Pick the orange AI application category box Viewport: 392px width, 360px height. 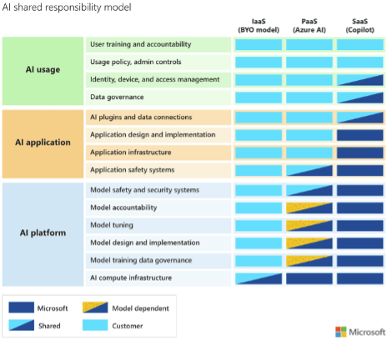point(43,142)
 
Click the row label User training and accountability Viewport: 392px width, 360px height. point(140,43)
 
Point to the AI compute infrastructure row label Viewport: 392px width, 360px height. point(132,277)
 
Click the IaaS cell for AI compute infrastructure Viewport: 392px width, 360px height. point(259,277)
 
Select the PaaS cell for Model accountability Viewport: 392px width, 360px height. point(309,207)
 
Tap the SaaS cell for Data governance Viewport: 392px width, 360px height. point(359,97)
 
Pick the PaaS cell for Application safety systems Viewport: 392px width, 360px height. point(309,170)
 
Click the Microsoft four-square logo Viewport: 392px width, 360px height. point(341,332)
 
